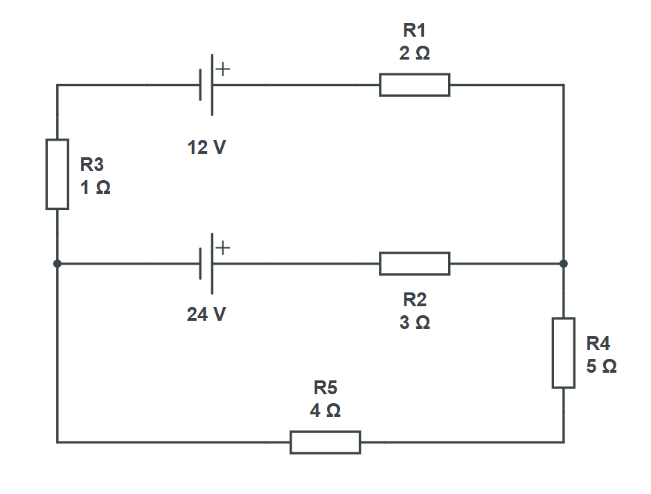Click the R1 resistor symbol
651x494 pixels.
pos(414,85)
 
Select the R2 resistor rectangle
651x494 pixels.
pos(414,263)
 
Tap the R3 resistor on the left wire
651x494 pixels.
pos(57,173)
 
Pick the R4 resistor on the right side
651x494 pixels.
pos(564,353)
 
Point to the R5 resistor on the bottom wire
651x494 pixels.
pos(325,441)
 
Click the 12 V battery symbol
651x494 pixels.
pos(208,85)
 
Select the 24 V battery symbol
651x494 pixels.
pos(208,263)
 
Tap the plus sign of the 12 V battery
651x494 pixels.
pos(223,69)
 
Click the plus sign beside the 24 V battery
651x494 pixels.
pos(223,248)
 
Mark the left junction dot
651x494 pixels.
pos(57,263)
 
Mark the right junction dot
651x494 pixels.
pos(564,263)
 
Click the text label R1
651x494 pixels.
pos(414,30)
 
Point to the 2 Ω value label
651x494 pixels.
pos(414,53)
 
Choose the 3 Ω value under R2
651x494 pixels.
pos(414,323)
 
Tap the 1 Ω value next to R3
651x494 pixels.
pos(95,187)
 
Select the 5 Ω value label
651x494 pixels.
pos(600,366)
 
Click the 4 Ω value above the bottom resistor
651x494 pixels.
pos(325,410)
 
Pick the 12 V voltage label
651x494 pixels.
pos(206,147)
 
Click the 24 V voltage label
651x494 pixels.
pos(206,315)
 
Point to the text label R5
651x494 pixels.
pos(325,387)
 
